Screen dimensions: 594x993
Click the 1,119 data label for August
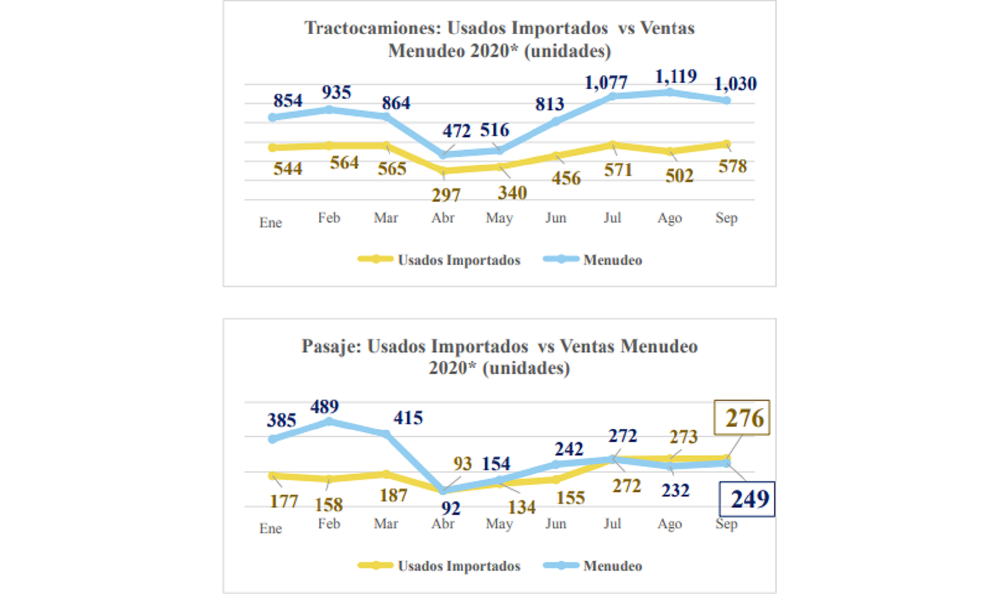pyautogui.click(x=675, y=77)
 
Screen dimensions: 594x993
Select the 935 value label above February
pyautogui.click(x=337, y=93)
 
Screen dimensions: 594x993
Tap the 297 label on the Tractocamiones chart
pyautogui.click(x=446, y=195)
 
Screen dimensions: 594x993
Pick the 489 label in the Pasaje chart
pyautogui.click(x=324, y=407)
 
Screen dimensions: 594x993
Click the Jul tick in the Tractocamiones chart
pyautogui.click(x=612, y=218)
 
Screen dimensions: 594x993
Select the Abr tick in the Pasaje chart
pyautogui.click(x=443, y=524)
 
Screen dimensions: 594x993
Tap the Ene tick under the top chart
pyautogui.click(x=270, y=222)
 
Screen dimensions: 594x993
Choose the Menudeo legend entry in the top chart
pyautogui.click(x=612, y=260)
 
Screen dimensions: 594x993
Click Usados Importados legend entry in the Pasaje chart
pyautogui.click(x=458, y=566)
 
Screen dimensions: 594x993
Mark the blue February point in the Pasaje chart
pyautogui.click(x=330, y=422)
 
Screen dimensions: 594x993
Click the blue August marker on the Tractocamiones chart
pyautogui.click(x=670, y=92)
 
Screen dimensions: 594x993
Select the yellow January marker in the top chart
pyautogui.click(x=273, y=148)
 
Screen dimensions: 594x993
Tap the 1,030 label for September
pyautogui.click(x=735, y=84)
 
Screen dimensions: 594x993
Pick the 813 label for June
pyautogui.click(x=549, y=104)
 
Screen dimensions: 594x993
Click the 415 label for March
pyautogui.click(x=408, y=418)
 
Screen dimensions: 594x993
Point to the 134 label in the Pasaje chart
pyautogui.click(x=522, y=507)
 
